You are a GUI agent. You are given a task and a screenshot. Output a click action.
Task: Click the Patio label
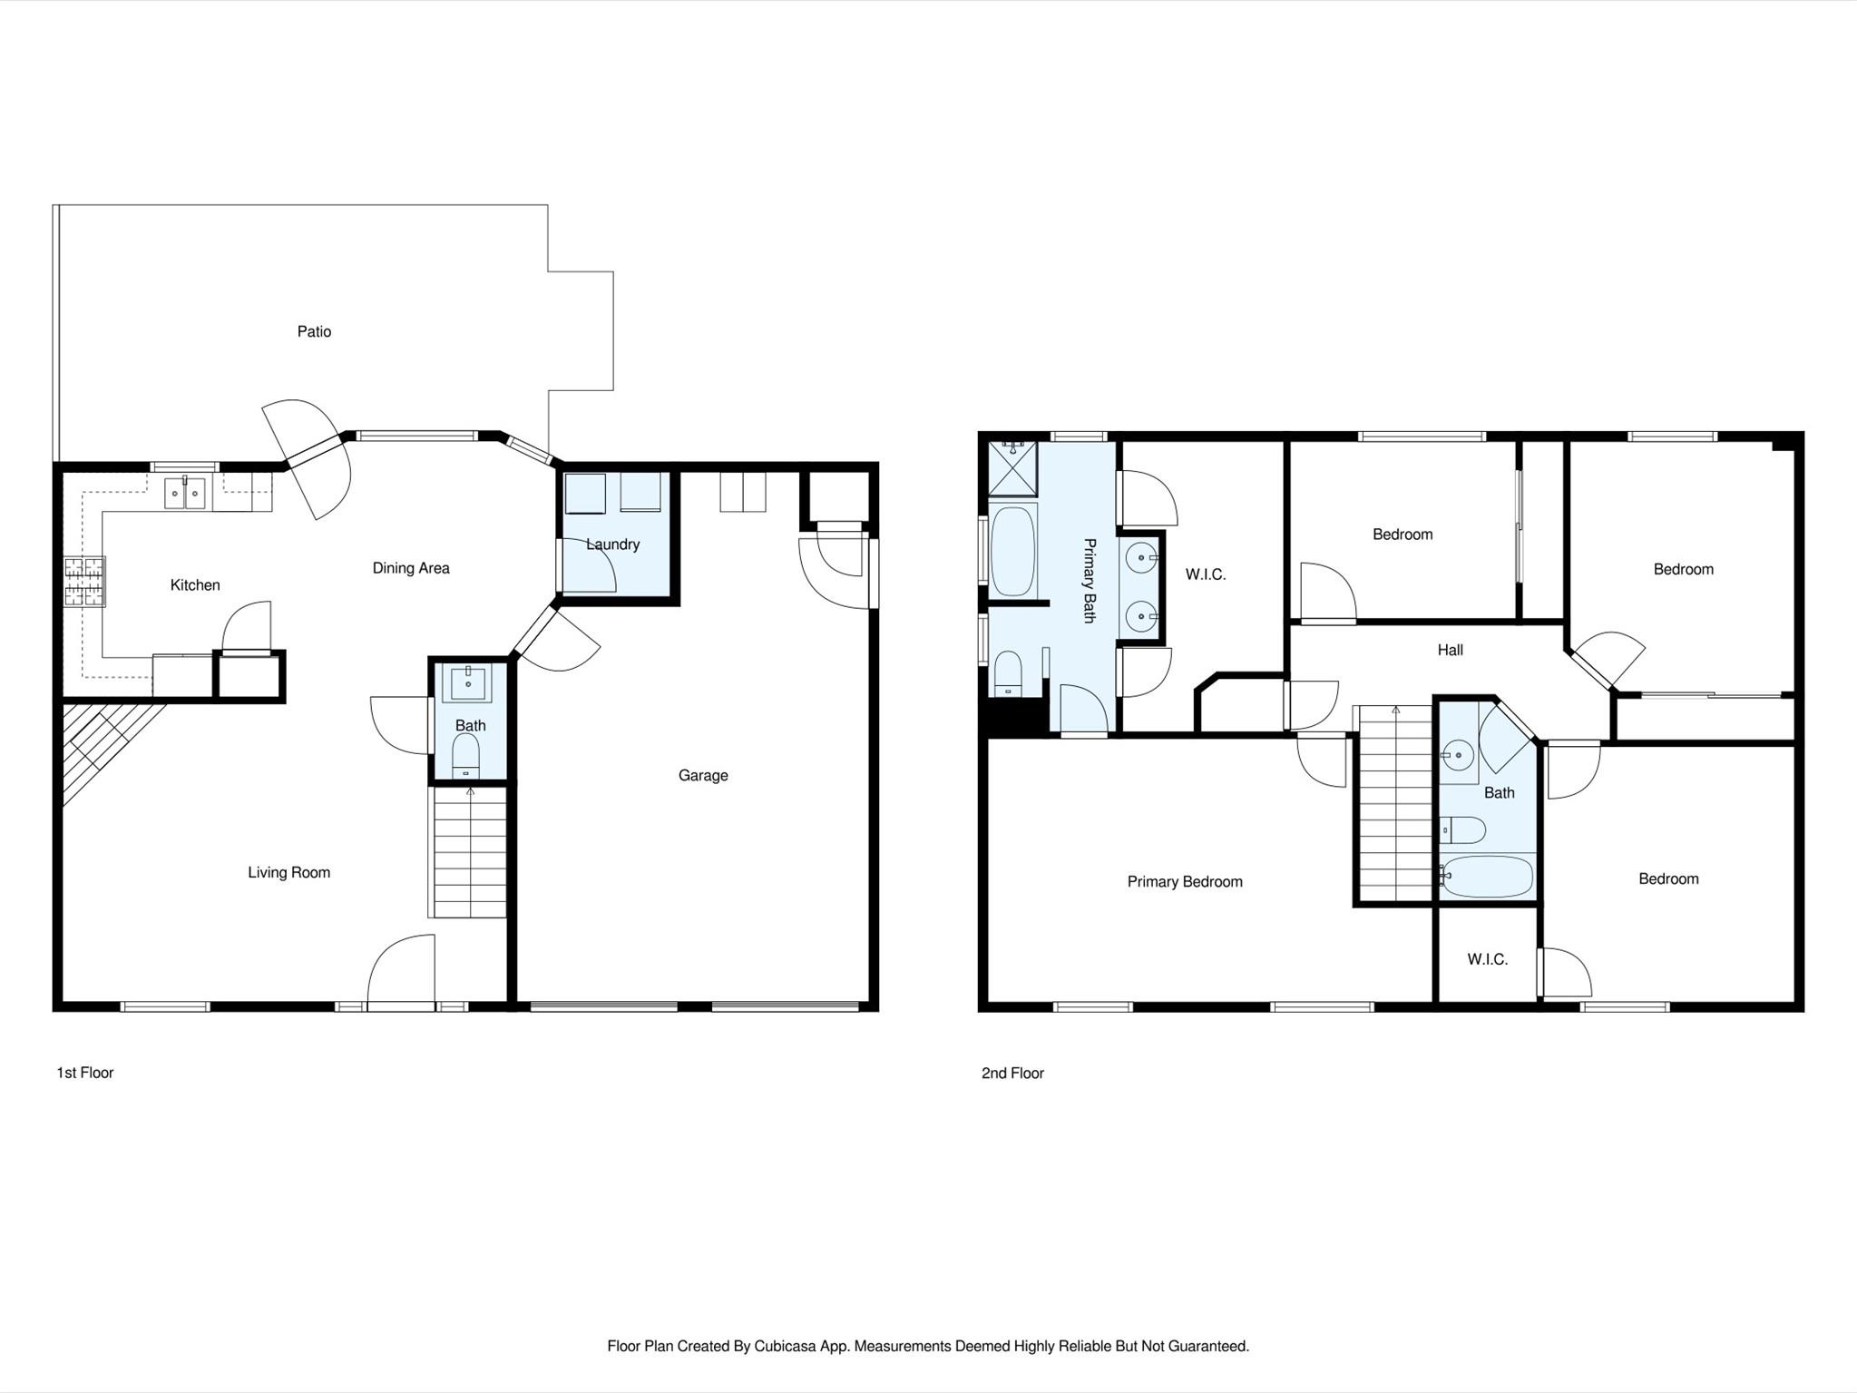(314, 331)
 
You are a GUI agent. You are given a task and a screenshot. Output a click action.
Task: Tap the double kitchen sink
(184, 493)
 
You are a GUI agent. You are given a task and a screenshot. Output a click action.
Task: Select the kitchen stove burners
(84, 581)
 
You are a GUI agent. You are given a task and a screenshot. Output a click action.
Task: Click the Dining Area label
(411, 568)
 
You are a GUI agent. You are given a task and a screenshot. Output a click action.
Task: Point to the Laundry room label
(612, 544)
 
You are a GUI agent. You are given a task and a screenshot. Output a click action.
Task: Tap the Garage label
(703, 775)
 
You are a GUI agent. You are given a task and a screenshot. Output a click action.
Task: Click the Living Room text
(288, 872)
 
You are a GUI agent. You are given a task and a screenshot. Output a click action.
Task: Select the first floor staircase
(469, 853)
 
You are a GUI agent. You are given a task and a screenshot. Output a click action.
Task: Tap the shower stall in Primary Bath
(1012, 467)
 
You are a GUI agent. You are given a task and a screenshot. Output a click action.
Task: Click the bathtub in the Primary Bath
(1012, 552)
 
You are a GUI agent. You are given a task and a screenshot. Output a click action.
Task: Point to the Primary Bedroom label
(1185, 881)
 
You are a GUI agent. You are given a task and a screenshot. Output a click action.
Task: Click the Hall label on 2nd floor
(1450, 650)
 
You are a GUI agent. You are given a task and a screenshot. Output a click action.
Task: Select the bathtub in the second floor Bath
(1488, 877)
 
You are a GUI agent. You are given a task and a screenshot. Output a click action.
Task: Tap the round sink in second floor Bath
(1458, 754)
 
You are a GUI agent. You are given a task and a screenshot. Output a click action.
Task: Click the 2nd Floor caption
(1012, 1073)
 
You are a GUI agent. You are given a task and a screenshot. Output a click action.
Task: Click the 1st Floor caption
(84, 1073)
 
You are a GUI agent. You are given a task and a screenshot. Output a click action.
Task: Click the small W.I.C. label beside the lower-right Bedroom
(1487, 959)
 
